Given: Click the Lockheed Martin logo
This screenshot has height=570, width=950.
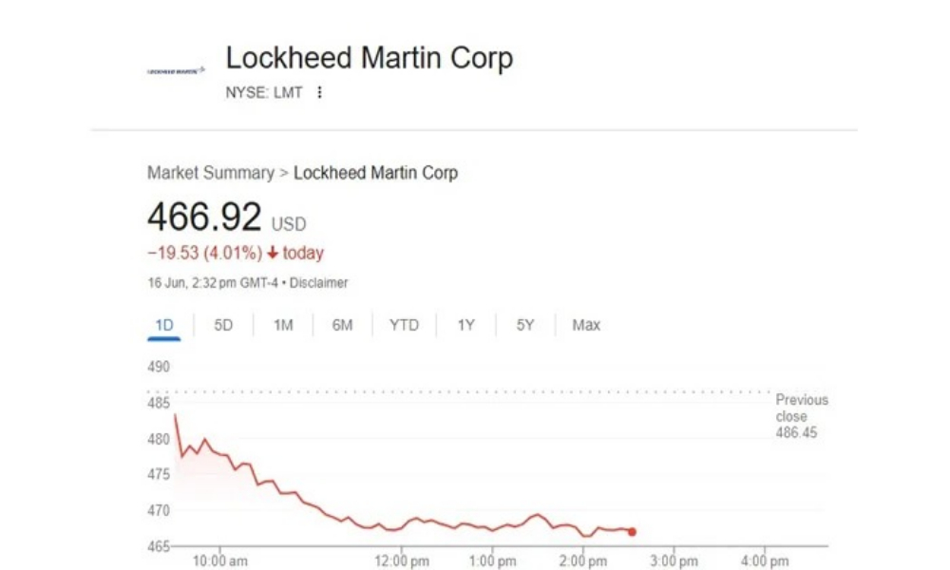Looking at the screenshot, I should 176,70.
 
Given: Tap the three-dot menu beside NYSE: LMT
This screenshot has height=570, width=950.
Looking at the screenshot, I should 320,92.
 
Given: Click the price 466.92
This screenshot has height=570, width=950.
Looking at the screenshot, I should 204,218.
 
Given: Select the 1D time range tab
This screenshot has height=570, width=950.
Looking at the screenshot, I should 164,325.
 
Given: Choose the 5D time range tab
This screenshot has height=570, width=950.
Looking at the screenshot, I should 223,325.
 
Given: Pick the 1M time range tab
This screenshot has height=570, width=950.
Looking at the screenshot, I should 283,325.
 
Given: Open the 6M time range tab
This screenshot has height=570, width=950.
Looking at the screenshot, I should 342,325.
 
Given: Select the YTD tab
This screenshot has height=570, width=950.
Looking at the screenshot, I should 404,325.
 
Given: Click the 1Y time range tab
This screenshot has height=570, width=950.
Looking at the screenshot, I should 465,325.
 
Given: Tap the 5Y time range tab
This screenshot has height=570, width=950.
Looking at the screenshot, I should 525,325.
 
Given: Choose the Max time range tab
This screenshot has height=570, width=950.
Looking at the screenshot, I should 586,325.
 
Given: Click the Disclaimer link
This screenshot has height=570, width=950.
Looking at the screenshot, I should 319,283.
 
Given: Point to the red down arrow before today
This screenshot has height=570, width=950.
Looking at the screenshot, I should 273,254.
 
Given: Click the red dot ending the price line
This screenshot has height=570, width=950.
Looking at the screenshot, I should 632,532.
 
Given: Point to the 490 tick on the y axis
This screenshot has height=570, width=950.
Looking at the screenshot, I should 159,367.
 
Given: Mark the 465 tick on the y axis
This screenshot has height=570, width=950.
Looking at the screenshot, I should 159,546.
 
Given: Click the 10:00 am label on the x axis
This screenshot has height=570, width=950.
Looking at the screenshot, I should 220,561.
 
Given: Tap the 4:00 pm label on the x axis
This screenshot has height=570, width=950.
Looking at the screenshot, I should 765,561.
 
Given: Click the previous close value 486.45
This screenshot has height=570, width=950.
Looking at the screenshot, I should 796,433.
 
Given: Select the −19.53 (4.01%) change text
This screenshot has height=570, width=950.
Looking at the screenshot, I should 204,254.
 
